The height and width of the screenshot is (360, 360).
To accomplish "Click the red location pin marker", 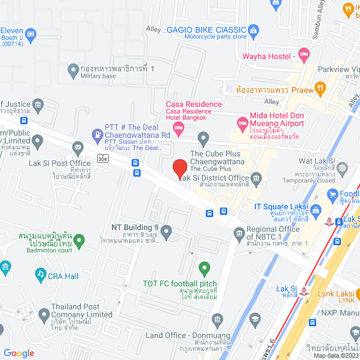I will [179, 169].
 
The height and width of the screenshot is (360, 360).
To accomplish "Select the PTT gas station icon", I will [97, 135].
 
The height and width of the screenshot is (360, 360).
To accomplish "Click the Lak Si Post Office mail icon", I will [77, 147].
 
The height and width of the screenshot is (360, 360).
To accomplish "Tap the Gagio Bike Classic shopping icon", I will [253, 29].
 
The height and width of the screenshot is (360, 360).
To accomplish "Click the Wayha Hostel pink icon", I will [304, 56].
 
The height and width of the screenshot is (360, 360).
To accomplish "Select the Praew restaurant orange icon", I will [320, 88].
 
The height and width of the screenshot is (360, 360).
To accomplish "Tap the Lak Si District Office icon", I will [256, 178].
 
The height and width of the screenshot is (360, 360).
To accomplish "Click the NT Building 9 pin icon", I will [166, 231].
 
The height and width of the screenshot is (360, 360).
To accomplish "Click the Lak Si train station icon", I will [304, 290].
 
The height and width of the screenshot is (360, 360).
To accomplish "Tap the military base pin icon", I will [73, 70].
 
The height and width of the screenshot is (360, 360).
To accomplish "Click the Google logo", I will [19, 353].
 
